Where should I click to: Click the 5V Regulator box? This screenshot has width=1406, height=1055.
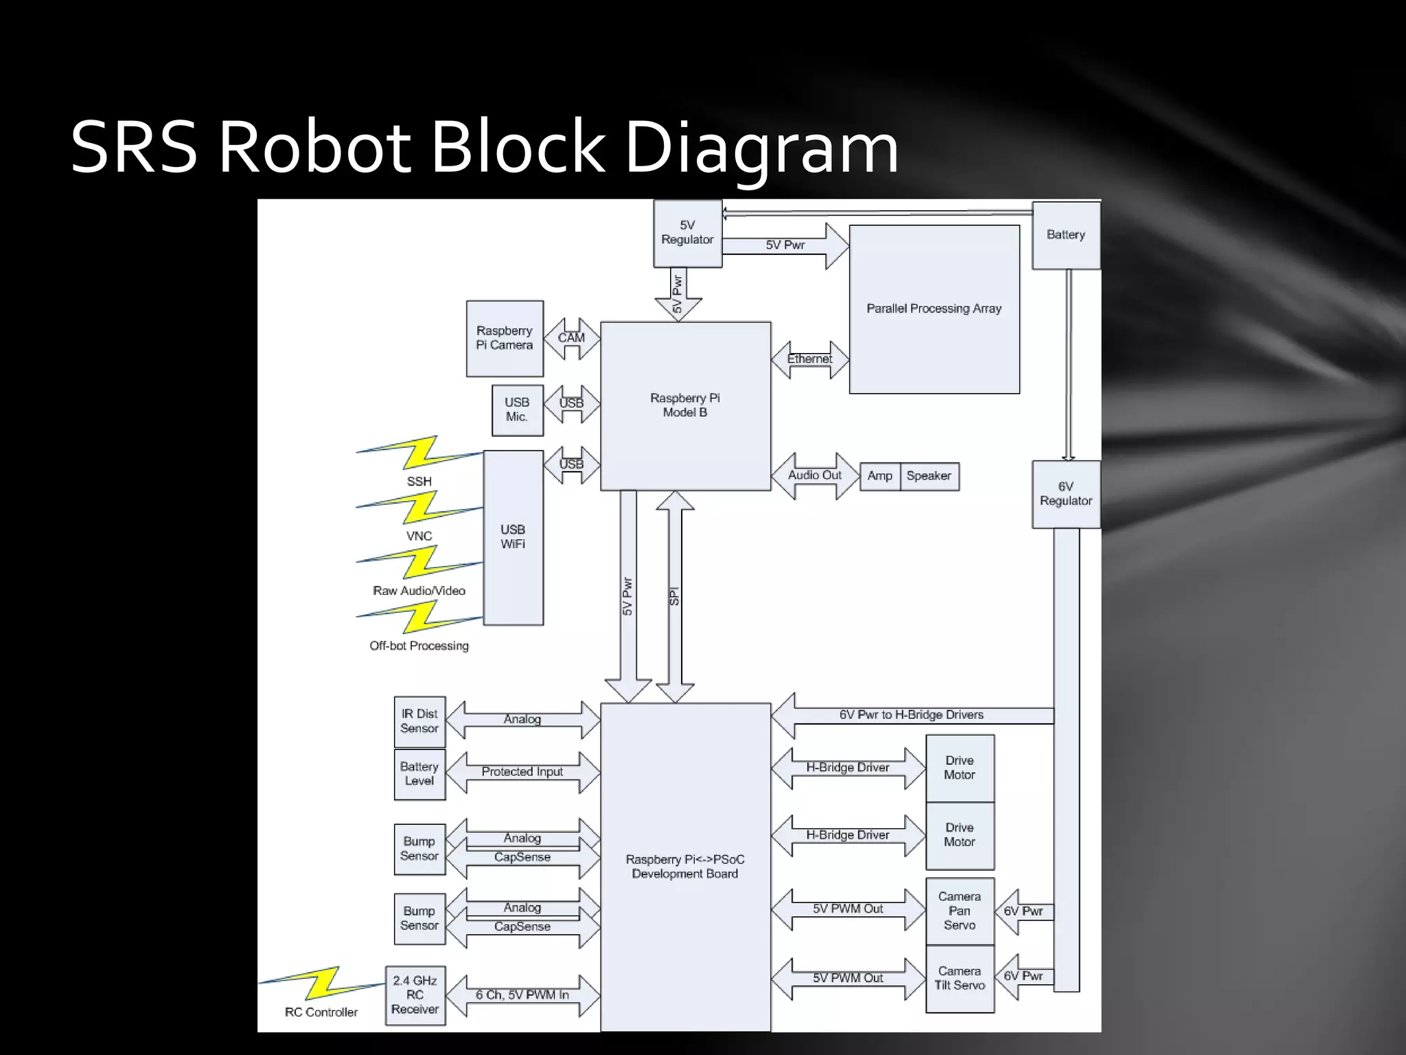coord(687,233)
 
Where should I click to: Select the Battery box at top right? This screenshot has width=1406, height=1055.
coord(1065,235)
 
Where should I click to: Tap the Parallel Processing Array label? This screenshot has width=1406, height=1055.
coord(934,308)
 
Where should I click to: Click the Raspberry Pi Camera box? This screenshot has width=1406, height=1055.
coord(505,339)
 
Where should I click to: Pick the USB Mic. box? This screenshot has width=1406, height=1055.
coord(517,410)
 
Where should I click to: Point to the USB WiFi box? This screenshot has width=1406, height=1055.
coord(513,537)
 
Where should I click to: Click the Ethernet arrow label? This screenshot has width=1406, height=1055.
coord(809,359)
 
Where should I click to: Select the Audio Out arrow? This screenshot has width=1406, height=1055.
coord(814,475)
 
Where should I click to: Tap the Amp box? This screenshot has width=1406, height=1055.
coord(879,476)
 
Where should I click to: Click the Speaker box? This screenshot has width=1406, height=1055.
coord(929,476)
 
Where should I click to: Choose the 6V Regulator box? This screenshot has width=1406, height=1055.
coord(1065,494)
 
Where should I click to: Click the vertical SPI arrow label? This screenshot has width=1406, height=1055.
coord(674,596)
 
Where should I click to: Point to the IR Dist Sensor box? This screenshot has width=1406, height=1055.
coord(419,722)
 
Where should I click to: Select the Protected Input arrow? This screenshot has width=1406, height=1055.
coord(522,772)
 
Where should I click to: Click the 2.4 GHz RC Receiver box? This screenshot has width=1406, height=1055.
coord(415,995)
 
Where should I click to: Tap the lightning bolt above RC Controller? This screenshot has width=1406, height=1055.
coord(321,983)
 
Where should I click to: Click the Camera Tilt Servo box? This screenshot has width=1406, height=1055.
coord(959,979)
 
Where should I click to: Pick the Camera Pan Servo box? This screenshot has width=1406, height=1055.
coord(959,911)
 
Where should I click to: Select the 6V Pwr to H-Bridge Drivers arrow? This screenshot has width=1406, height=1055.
coord(911,715)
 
